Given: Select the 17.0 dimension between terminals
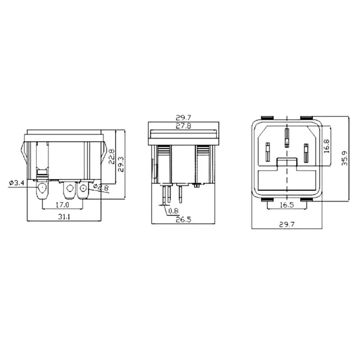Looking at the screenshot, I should [x=63, y=205].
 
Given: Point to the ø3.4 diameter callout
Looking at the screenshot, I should [x=16, y=183].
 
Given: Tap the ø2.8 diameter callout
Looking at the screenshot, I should [x=102, y=187].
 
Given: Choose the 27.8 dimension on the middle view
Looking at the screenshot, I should [x=184, y=126].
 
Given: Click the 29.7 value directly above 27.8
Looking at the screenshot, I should [x=184, y=118].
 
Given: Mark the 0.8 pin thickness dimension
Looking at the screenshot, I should [x=173, y=211].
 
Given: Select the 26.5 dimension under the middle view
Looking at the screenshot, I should [x=183, y=220].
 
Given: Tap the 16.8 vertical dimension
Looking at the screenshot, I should [x=327, y=146].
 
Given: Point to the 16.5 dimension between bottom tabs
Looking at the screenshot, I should [x=287, y=205].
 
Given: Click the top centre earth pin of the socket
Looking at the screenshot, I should [x=287, y=138].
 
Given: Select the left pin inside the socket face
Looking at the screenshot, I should [x=268, y=153].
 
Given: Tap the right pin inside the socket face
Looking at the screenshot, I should [x=306, y=153].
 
